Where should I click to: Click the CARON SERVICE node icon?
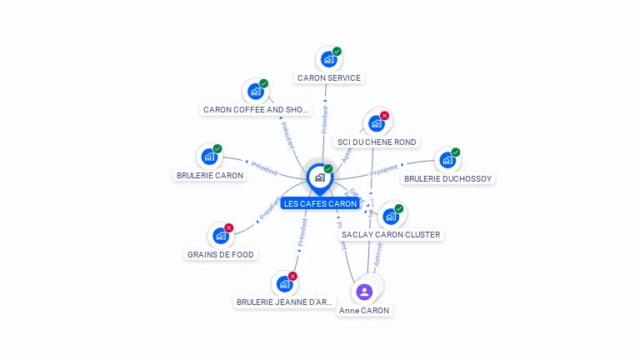[329, 59]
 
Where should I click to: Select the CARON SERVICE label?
[329, 78]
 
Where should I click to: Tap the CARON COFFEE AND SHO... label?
[256, 109]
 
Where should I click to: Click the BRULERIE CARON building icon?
[209, 157]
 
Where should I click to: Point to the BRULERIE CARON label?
[210, 176]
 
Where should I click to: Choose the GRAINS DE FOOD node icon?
[221, 236]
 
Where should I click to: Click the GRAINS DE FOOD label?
[221, 255]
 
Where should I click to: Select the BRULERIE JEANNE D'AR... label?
[285, 302]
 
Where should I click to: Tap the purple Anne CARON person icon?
[364, 292]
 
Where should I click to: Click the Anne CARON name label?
[364, 311]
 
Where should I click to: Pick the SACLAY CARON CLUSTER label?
[391, 235]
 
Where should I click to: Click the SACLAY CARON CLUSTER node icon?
[390, 216]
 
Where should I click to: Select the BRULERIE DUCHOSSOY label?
[448, 178]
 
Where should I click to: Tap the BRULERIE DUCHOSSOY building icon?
[447, 159]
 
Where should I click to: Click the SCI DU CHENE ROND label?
[377, 142]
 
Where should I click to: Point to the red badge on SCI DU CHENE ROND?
[384, 116]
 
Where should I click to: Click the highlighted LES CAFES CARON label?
[320, 203]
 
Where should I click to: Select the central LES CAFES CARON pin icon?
[320, 177]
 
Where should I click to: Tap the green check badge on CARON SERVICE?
[337, 52]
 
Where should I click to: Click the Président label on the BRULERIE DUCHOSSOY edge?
[383, 171]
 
